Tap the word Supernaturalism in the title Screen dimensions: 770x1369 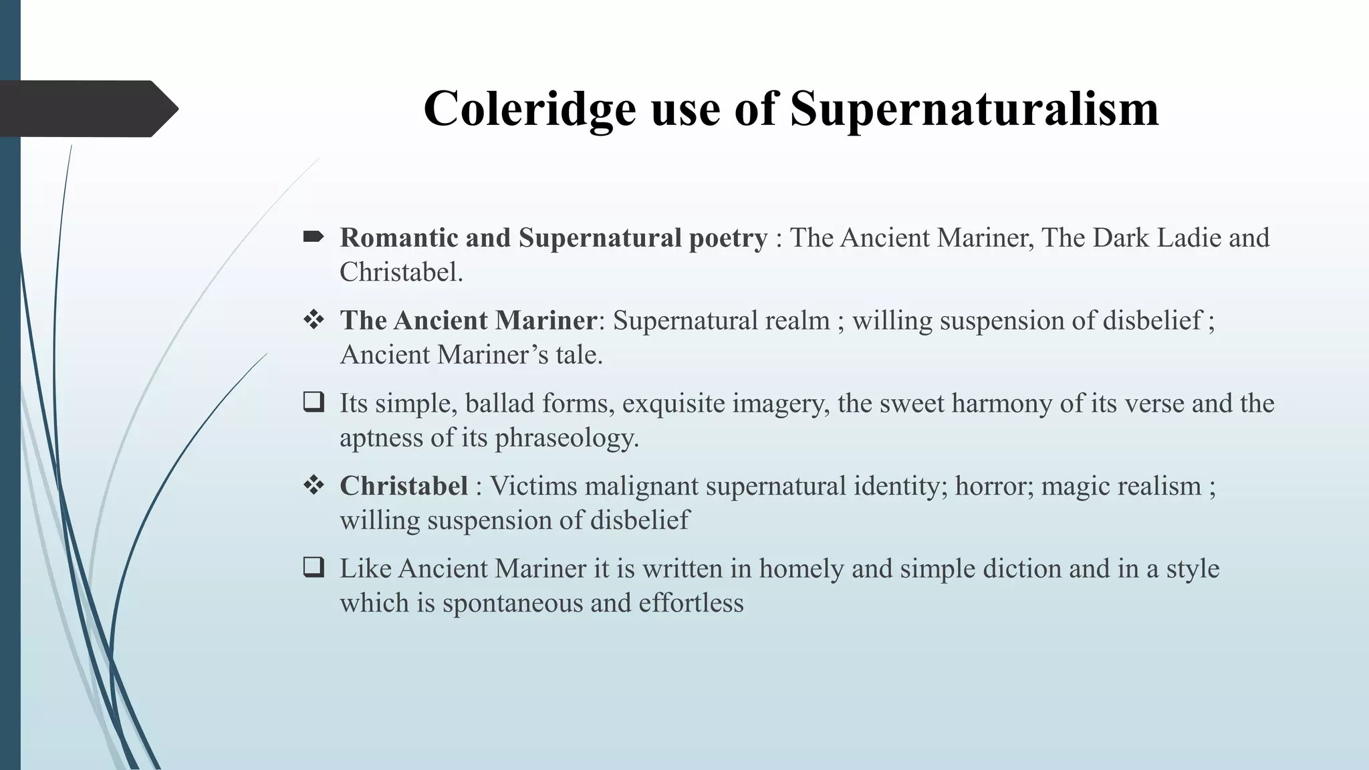[x=974, y=109]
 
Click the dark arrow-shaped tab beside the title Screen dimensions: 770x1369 [x=87, y=109]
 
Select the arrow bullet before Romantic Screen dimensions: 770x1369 [x=314, y=237]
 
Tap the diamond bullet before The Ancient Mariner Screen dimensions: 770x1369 [x=314, y=319]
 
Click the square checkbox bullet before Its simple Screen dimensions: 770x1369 [x=314, y=402]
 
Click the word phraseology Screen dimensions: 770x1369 [x=566, y=438]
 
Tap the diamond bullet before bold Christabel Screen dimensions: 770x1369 [x=314, y=485]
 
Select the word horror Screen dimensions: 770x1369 [x=993, y=486]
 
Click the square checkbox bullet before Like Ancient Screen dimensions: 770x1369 [x=314, y=567]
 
